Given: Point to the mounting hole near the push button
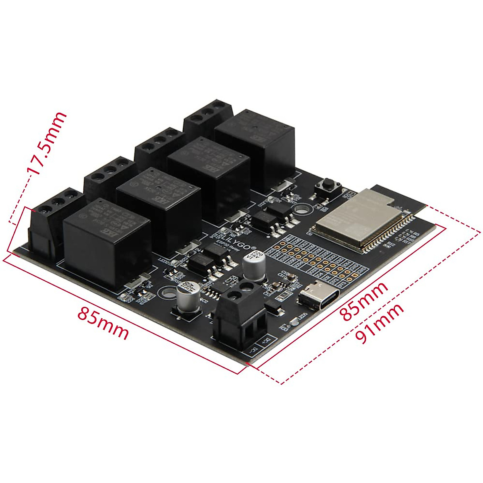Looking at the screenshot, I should point(301,209).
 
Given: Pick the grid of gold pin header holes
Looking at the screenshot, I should point(318,260).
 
